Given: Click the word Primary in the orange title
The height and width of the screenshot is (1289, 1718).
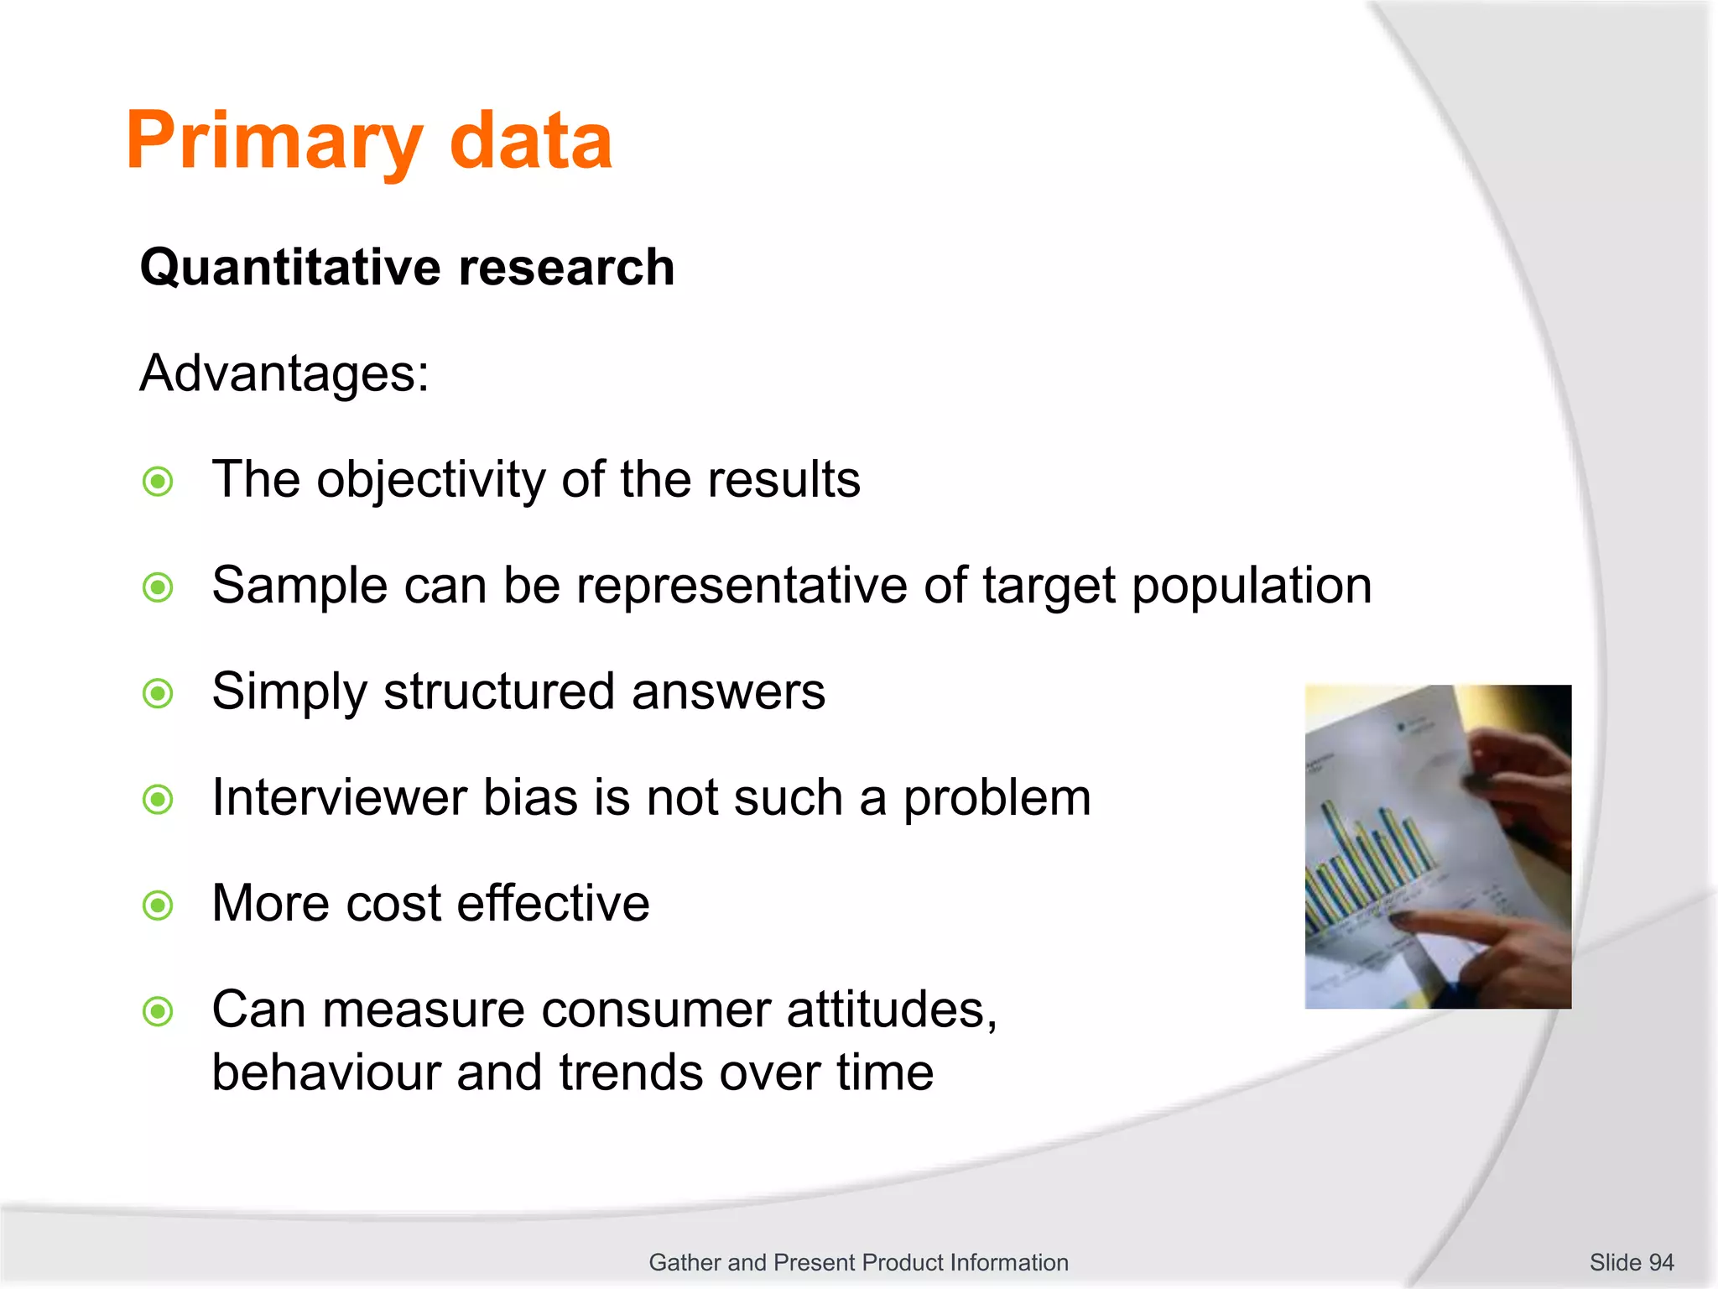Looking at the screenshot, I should (273, 143).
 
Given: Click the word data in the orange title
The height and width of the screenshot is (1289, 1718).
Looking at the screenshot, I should (530, 143).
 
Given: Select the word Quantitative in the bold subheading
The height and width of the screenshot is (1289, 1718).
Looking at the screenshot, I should (290, 269).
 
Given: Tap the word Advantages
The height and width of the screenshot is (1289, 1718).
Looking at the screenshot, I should (284, 373).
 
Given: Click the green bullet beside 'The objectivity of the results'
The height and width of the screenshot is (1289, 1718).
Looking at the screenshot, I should (158, 482).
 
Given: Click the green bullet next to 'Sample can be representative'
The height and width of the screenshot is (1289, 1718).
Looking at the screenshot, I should (158, 587).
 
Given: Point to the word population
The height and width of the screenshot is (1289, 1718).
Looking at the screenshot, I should (1252, 586).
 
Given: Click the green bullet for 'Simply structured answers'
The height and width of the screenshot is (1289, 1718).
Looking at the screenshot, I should (158, 694).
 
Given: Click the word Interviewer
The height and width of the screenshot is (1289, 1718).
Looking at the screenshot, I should (339, 797).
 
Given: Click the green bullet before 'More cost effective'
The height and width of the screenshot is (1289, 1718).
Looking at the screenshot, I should (158, 905).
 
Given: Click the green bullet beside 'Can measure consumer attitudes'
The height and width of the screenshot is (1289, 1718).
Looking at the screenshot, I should (158, 1011).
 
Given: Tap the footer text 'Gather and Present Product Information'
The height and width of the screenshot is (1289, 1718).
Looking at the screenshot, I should (858, 1262).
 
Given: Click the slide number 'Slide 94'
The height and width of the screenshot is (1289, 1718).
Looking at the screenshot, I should (1631, 1262).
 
